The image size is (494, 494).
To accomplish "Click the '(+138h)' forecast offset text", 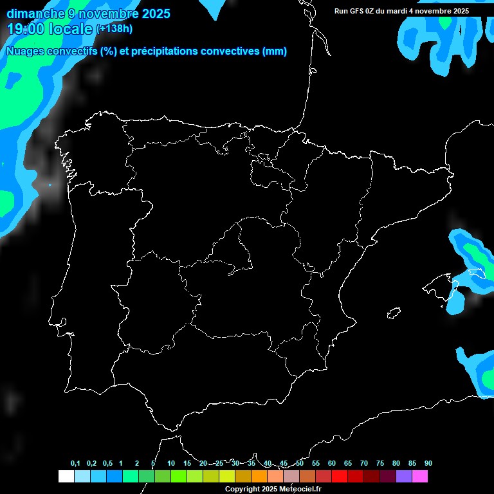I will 114,28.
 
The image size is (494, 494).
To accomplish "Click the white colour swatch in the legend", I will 66,476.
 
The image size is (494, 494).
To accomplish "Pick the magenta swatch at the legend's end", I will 419,476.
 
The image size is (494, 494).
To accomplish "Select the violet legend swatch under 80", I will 403,476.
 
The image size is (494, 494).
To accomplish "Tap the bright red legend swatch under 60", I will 339,476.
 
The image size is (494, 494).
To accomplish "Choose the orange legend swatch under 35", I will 259,476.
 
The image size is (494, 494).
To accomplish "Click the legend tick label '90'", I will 428,463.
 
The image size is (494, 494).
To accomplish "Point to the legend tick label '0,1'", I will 75,463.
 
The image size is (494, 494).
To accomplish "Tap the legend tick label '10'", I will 171,463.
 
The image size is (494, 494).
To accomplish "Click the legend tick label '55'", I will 316,463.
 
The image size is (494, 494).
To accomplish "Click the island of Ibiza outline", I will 394,313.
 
